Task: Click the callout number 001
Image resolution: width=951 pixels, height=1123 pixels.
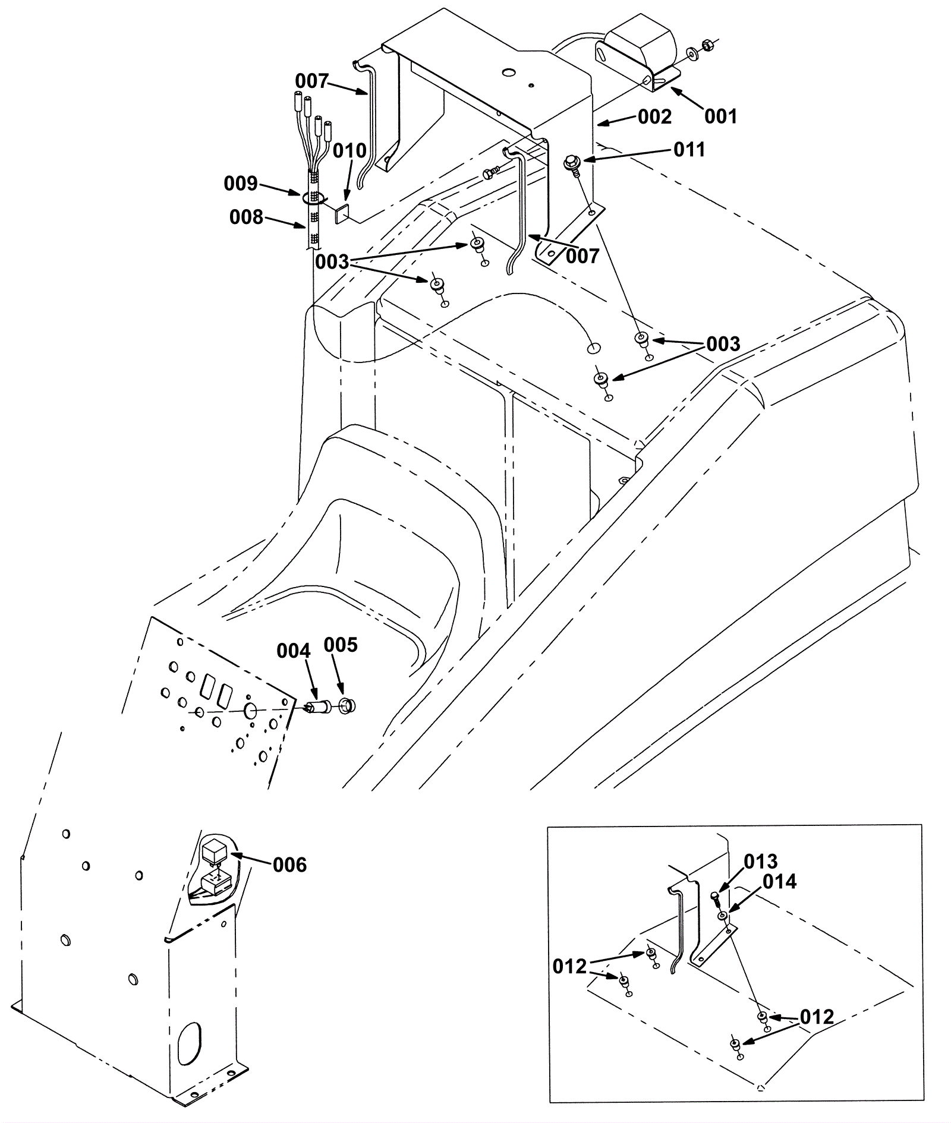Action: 720,116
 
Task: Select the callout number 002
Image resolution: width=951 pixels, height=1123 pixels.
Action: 654,117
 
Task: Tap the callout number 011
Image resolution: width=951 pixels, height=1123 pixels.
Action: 689,149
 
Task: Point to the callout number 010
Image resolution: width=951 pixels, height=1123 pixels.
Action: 349,151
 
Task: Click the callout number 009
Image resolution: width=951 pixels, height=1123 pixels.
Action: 241,184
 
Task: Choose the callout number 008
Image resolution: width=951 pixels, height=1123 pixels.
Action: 246,217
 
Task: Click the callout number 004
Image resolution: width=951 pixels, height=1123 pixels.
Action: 294,651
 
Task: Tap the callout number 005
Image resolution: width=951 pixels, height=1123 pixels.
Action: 341,645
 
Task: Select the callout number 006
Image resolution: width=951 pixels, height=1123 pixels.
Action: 290,865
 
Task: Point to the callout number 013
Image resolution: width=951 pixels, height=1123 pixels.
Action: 760,861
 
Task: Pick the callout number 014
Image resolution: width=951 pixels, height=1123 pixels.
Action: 780,882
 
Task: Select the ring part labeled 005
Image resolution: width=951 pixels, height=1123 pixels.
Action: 346,706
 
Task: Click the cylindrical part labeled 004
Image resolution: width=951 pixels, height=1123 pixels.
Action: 319,708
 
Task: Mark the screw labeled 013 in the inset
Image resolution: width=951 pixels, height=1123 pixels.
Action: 717,898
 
